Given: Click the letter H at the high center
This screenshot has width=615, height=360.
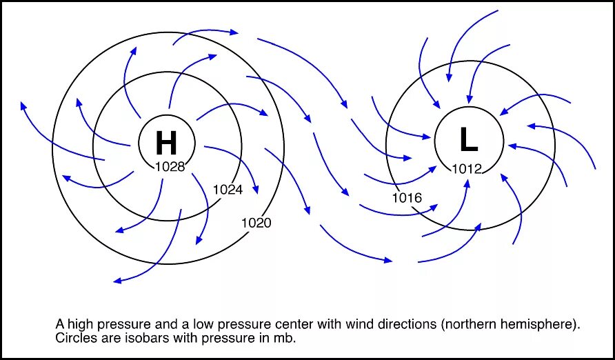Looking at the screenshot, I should click(x=166, y=143).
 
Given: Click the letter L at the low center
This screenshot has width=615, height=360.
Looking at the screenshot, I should click(x=468, y=141).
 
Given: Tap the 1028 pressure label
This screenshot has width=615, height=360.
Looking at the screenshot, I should click(x=170, y=167).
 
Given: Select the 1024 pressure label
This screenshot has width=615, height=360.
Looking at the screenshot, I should click(x=228, y=190).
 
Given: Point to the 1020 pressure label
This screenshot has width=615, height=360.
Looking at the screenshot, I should click(x=256, y=223).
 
